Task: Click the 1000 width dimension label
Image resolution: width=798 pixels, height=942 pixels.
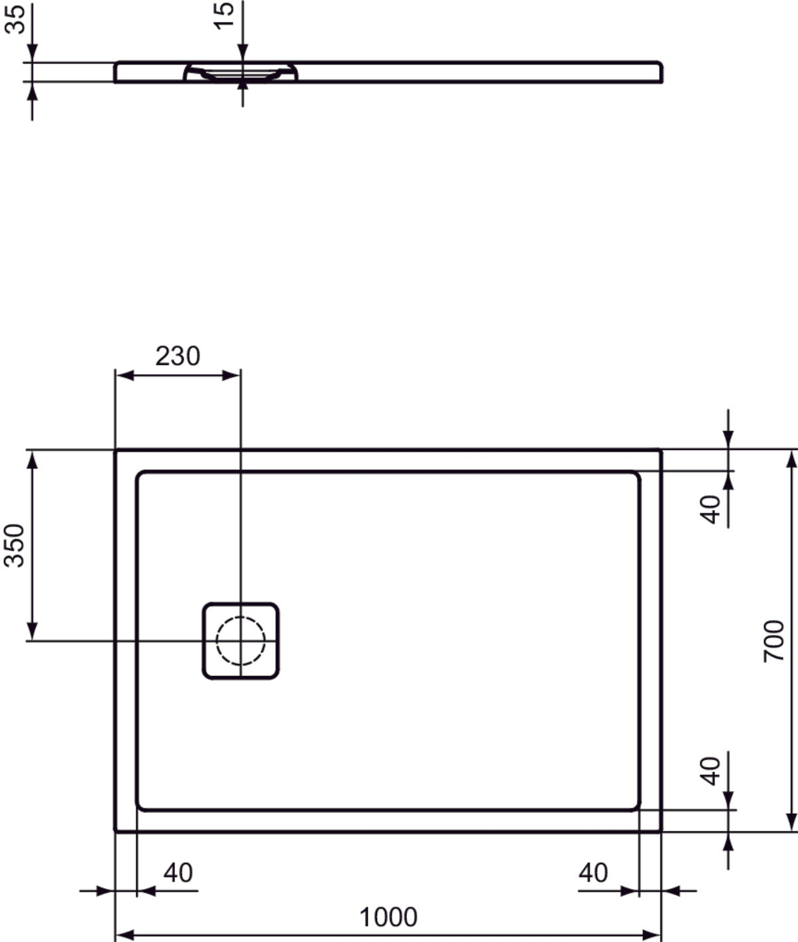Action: [388, 917]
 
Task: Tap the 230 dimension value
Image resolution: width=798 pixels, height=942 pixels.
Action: [178, 356]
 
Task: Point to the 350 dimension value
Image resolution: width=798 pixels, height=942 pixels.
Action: [15, 545]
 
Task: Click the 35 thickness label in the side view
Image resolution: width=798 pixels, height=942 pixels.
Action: [15, 18]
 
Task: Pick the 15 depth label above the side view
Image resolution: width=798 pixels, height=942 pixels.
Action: [225, 15]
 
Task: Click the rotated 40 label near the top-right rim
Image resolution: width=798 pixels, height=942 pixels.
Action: [711, 509]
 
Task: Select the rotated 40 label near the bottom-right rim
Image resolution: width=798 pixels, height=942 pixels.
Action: [711, 770]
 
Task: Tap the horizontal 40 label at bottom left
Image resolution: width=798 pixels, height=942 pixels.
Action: [178, 873]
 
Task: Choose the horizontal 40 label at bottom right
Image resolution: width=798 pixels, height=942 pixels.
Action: [593, 873]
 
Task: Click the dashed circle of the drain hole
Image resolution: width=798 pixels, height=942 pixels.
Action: [241, 641]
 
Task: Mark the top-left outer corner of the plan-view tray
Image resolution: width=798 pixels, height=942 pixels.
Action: [116, 451]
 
